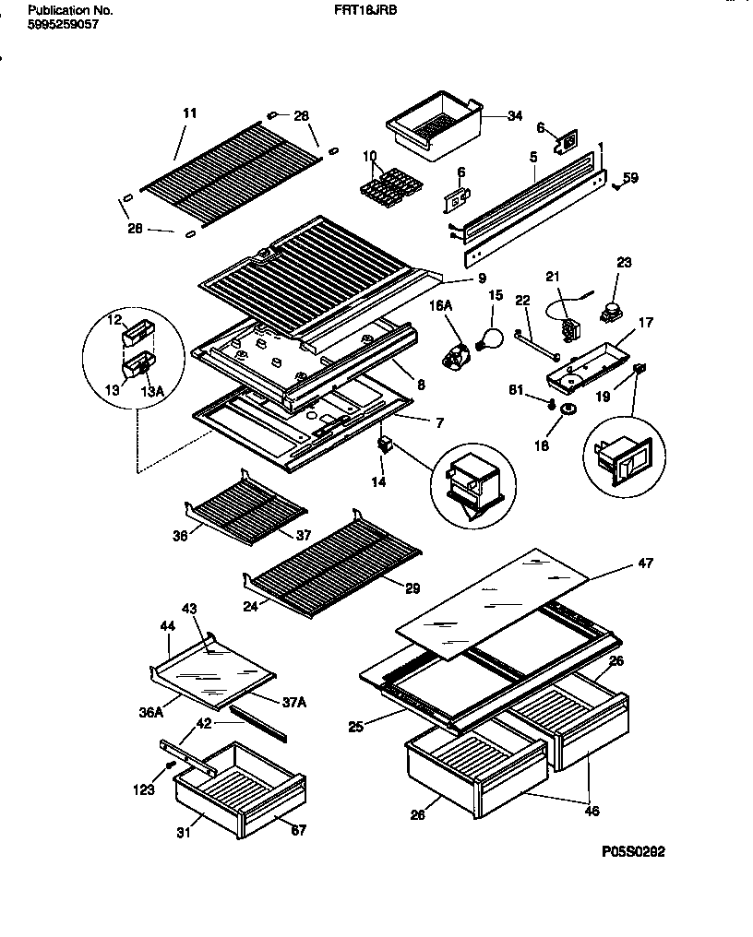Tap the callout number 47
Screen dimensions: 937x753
coord(645,563)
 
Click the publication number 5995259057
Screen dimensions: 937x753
coord(63,25)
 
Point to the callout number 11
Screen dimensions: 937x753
coord(190,113)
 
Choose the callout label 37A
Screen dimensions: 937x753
coord(293,702)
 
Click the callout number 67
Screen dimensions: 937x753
coord(298,830)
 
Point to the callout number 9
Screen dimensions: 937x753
coord(456,279)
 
